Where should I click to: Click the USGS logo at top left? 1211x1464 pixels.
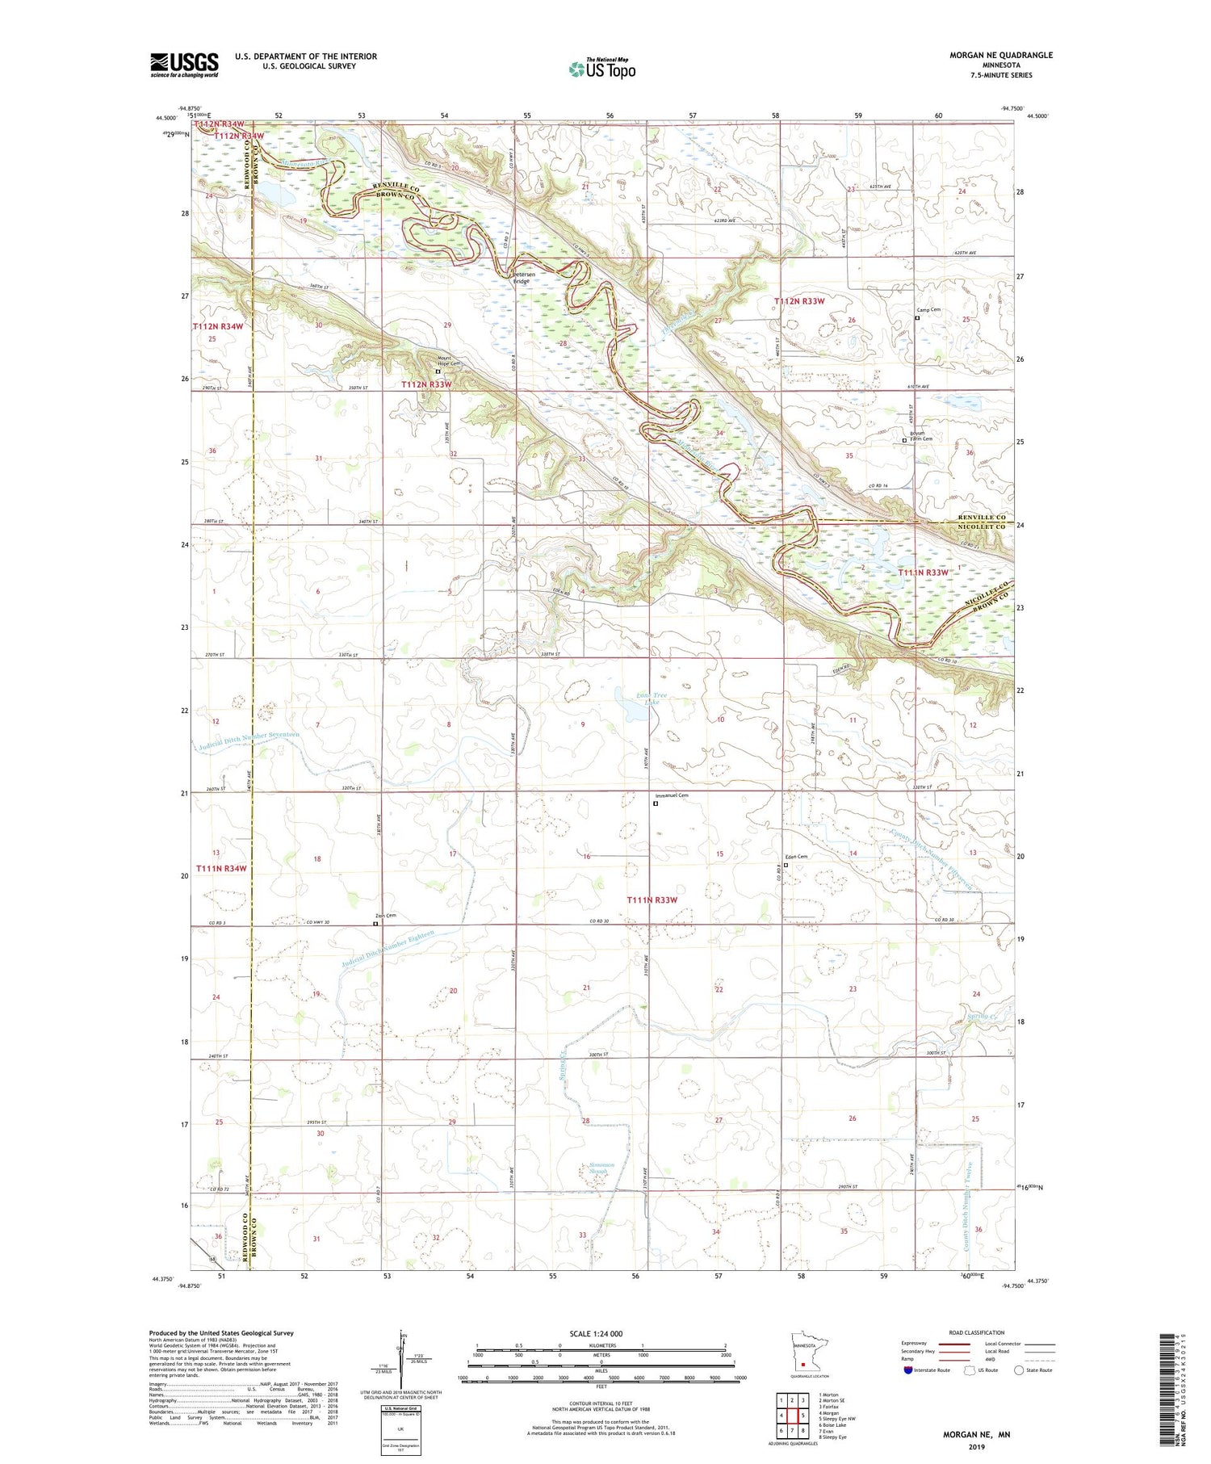tap(184, 65)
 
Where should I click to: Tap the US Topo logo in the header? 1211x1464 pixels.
tap(601, 69)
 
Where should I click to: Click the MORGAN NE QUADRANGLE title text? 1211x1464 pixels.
tap(990, 55)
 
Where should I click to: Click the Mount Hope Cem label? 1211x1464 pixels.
tap(449, 361)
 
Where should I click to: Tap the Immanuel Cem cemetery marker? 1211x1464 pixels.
tap(656, 803)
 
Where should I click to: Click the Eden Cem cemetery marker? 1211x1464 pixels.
tap(786, 865)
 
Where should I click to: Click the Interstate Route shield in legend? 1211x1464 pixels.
tap(907, 1370)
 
